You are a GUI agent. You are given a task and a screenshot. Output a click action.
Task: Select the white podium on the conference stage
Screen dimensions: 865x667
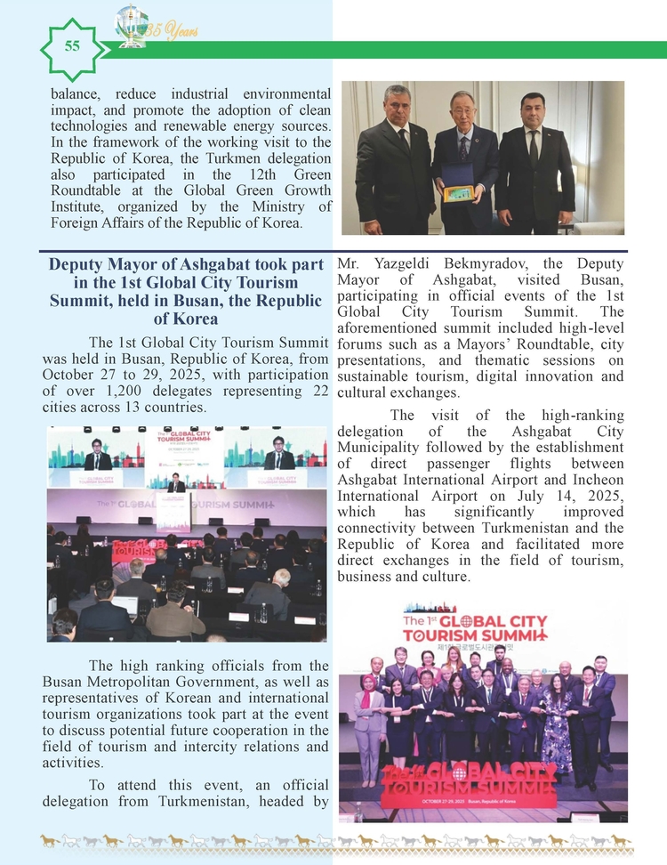pyautogui.click(x=173, y=510)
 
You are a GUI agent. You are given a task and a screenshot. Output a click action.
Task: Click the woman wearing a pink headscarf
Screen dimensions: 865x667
pyautogui.click(x=368, y=717)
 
